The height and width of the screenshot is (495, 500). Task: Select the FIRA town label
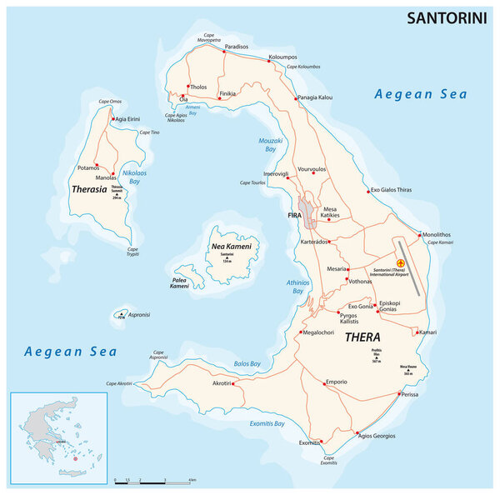tap(294, 215)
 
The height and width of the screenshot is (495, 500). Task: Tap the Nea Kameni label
tap(230, 247)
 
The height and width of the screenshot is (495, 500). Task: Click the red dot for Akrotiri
tap(236, 383)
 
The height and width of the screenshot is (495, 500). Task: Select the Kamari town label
tap(427, 332)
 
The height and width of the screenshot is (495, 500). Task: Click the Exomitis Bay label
tap(267, 424)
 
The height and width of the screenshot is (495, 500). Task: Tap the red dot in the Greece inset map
tap(75, 457)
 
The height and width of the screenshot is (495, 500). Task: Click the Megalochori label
tap(317, 332)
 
